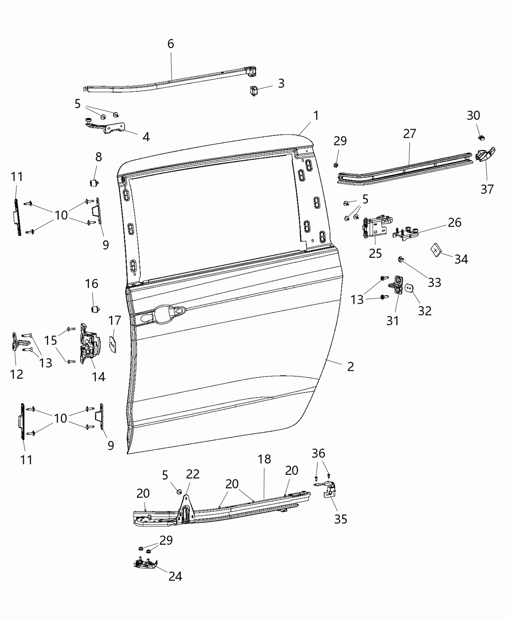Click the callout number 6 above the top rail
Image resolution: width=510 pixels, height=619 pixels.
170,44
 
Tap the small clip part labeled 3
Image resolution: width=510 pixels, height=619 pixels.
254,91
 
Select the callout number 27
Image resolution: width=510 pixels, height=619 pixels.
409,133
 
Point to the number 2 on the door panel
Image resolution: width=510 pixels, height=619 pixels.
350,367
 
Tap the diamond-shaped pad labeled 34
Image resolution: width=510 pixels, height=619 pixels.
436,250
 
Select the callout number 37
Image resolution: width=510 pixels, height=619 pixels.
487,189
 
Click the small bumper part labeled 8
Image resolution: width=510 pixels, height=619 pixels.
93,183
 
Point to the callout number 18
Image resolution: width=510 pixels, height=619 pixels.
264,459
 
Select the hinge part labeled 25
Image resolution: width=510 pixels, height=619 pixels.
375,228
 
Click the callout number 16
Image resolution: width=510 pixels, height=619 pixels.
91,284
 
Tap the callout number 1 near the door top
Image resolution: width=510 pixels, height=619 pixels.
316,116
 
